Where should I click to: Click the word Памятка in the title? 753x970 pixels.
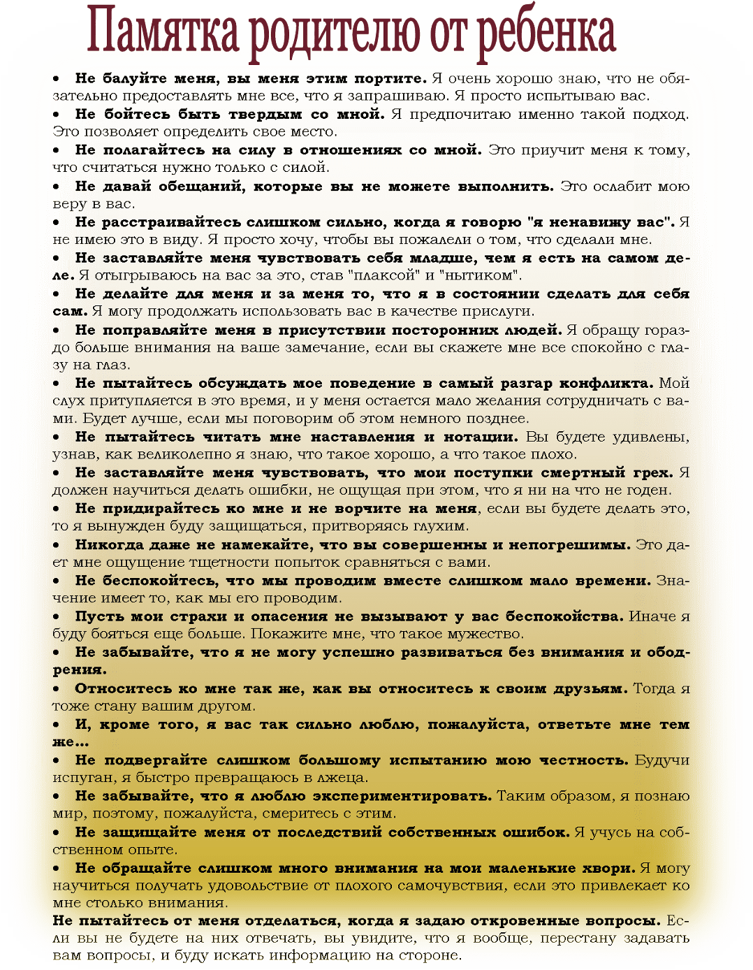pyautogui.click(x=164, y=32)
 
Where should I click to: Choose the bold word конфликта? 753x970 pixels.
pyautogui.click(x=607, y=383)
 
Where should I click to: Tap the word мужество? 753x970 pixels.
pyautogui.click(x=488, y=634)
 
